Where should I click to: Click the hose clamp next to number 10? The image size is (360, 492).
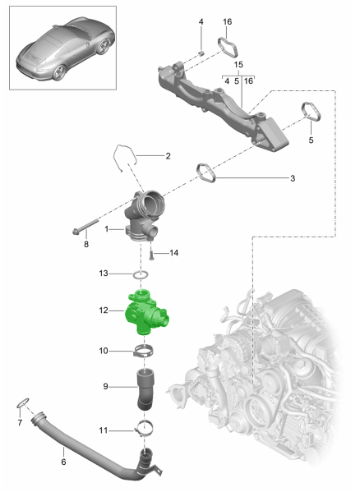(144, 353)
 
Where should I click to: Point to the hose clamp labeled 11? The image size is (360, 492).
(145, 427)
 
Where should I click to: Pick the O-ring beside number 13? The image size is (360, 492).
(141, 274)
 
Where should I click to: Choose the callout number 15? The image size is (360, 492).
(238, 64)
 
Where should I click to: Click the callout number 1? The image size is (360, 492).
(107, 231)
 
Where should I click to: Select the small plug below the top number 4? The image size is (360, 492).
(201, 53)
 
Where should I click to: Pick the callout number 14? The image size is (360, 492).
(173, 253)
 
